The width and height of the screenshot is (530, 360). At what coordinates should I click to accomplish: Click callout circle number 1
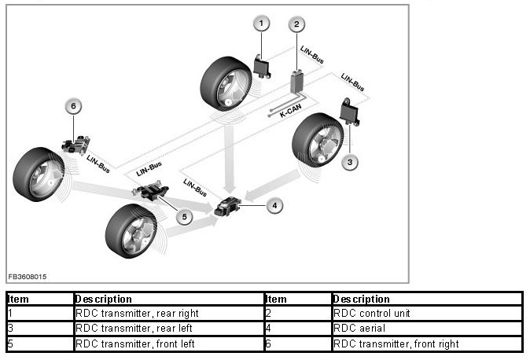click(x=261, y=24)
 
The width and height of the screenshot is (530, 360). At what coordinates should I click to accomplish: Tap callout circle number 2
click(x=296, y=24)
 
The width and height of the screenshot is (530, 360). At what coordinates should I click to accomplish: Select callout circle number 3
click(x=350, y=162)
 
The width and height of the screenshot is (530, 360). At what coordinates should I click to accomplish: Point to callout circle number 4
click(x=274, y=205)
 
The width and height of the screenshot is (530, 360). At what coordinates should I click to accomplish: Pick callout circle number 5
click(x=184, y=217)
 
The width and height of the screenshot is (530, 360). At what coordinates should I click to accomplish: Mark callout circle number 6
click(x=73, y=106)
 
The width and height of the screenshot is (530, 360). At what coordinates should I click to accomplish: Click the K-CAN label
click(x=290, y=111)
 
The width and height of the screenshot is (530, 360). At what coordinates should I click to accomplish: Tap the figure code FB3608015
click(x=28, y=277)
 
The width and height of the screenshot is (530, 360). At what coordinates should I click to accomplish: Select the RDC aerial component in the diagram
click(x=227, y=206)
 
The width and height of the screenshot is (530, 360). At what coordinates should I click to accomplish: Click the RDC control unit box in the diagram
click(x=297, y=82)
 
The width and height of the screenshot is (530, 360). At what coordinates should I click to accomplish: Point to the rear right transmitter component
click(x=262, y=67)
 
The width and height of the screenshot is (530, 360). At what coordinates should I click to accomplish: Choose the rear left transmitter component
click(x=349, y=112)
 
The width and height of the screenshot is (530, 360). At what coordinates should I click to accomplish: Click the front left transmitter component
click(x=151, y=191)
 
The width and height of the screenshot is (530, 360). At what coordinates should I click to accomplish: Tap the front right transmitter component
click(x=75, y=145)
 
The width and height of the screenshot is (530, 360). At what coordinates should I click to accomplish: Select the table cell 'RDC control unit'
click(x=427, y=314)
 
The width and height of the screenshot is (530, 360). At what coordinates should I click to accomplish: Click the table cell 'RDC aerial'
click(x=427, y=329)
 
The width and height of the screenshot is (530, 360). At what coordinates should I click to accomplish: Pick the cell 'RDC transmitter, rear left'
click(x=168, y=329)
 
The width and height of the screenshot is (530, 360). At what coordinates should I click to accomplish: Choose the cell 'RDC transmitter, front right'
click(x=427, y=343)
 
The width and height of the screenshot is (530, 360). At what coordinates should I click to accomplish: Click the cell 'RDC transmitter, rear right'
click(x=168, y=314)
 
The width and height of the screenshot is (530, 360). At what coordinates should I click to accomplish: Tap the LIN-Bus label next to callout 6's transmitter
click(x=98, y=163)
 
